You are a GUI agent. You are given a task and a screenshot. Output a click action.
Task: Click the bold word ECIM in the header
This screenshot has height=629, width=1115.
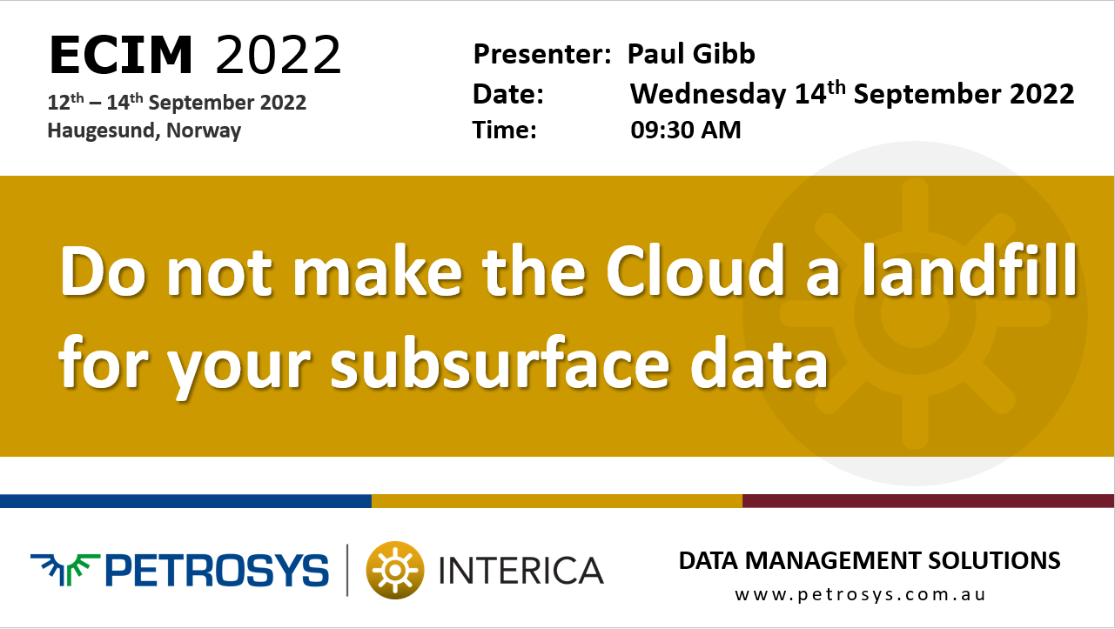pos(121,55)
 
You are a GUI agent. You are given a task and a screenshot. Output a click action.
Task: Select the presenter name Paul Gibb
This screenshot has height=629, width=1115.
pos(691,54)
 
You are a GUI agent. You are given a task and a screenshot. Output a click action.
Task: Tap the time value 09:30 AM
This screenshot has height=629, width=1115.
pos(685,130)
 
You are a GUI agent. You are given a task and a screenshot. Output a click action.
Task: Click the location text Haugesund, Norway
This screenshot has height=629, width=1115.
pos(144,130)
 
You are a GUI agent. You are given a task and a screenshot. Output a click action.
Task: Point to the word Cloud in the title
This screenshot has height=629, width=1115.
pos(695,271)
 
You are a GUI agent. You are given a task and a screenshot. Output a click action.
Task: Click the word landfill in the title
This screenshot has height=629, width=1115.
pos(971,271)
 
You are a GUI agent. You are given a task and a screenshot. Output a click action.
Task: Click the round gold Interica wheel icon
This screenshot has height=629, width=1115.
pos(395,570)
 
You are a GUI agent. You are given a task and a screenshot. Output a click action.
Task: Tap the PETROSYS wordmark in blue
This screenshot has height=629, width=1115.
pos(217,571)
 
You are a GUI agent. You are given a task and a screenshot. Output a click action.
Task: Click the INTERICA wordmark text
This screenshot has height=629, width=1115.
pos(521,571)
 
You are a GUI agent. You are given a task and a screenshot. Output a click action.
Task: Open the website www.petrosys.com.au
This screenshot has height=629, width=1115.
pos(860,595)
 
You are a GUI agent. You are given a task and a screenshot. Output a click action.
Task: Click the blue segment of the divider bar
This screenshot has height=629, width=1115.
pos(185,501)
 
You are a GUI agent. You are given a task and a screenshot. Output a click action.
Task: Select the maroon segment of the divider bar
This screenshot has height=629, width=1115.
pos(929,501)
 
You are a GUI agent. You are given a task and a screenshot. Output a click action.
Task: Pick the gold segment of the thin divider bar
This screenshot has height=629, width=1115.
pos(557,501)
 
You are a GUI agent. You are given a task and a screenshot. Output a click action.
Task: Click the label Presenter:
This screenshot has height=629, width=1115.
pos(542,54)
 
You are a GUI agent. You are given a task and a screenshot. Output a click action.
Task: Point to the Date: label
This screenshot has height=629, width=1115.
pos(508,94)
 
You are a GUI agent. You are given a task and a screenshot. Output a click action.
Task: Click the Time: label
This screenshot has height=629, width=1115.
pos(505,130)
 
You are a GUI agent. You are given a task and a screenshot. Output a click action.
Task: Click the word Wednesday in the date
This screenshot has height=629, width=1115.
pos(708,94)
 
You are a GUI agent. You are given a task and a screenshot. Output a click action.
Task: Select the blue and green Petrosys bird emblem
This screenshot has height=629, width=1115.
pos(65,569)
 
